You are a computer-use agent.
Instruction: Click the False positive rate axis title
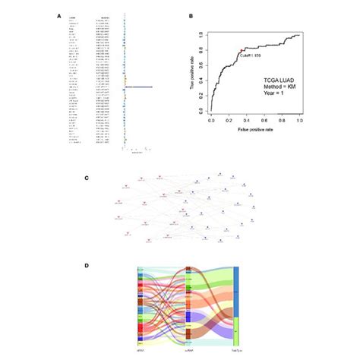(x=254, y=131)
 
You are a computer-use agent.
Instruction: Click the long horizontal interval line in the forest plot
(x=139, y=87)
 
